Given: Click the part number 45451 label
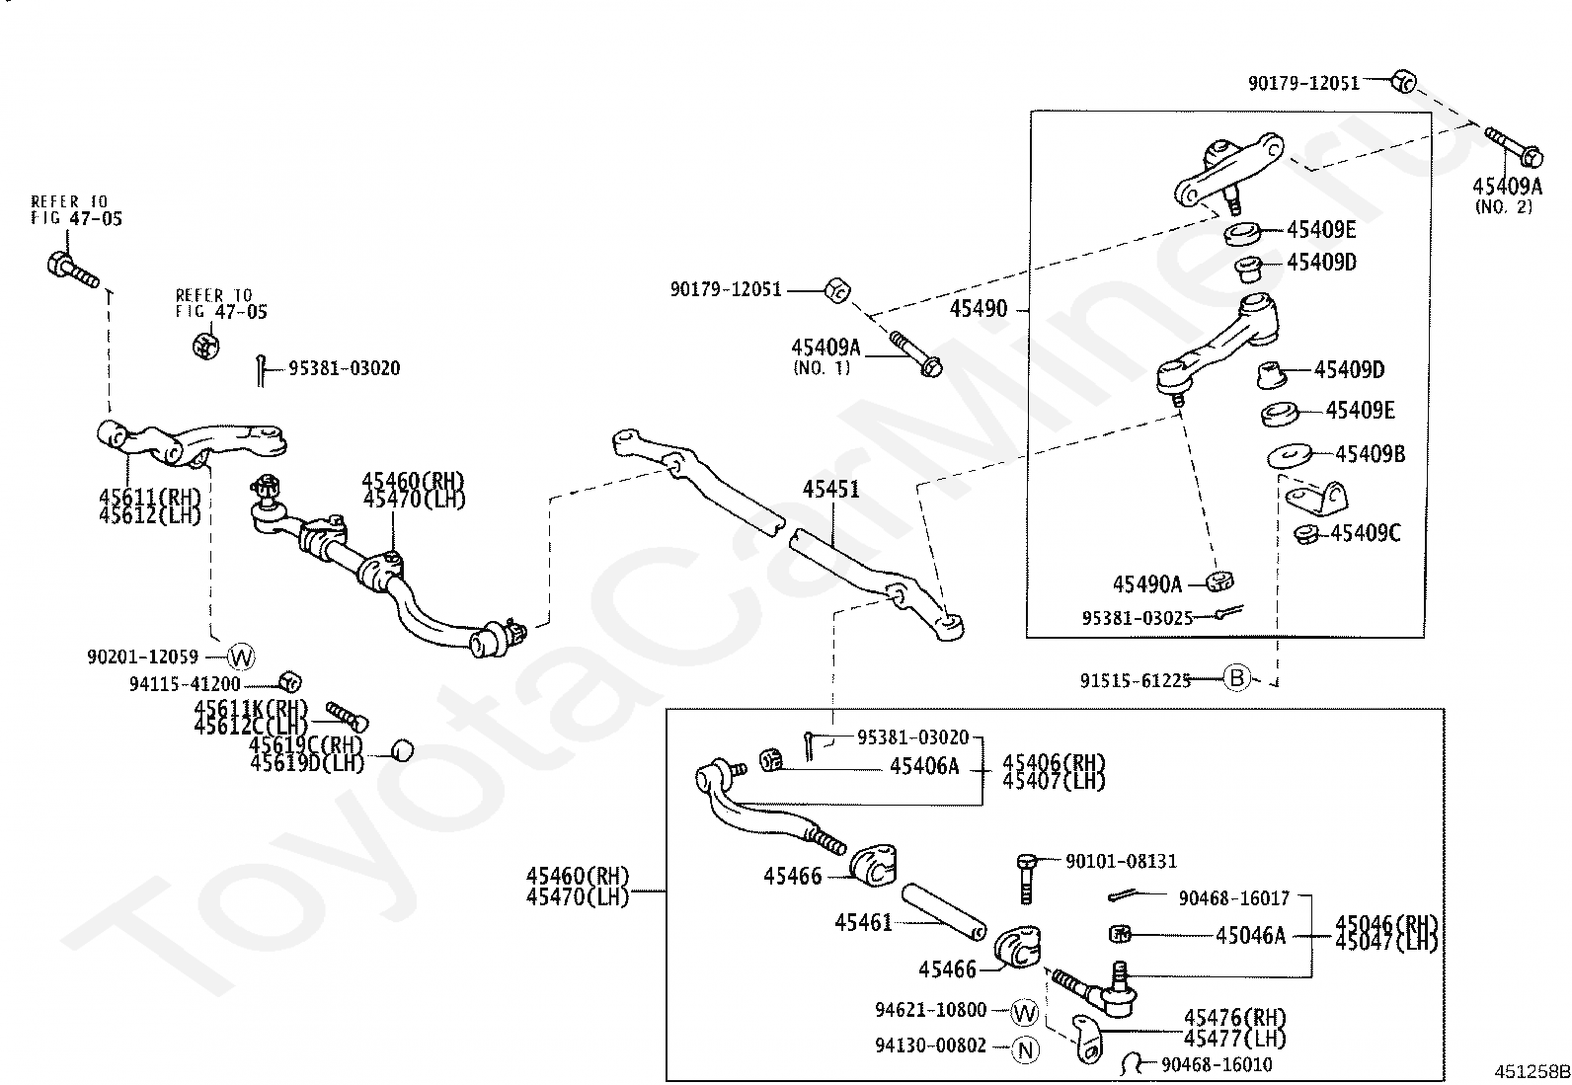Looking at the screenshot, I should coord(830,490).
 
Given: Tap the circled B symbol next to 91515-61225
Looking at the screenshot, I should coord(1236,678).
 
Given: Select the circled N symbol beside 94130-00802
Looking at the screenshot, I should coord(1026,1050).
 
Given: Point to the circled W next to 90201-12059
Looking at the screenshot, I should coord(241,656).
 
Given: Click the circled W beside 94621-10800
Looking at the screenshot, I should coord(1025,1012).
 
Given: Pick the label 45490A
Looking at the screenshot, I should coord(1146,584).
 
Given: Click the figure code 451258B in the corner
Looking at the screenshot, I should coord(1531,1070).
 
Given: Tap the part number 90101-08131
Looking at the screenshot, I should coord(1121,862).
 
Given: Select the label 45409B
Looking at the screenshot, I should coord(1370,454).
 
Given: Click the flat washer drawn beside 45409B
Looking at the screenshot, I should coord(1290,456).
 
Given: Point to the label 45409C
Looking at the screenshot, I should coord(1365,533).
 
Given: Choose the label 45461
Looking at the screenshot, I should coord(863,922).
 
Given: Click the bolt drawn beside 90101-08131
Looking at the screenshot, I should coord(1025,877).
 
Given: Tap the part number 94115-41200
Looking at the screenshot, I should coord(185,684).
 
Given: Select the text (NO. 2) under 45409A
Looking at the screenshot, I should coord(1503,207).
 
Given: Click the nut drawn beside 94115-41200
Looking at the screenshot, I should coord(290,680).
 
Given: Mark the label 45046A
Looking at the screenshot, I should coord(1250,935).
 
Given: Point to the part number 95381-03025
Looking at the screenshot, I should coord(1137,617).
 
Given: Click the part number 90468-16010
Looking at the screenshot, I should coord(1217,1064).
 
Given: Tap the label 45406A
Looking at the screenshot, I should coord(923,766).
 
